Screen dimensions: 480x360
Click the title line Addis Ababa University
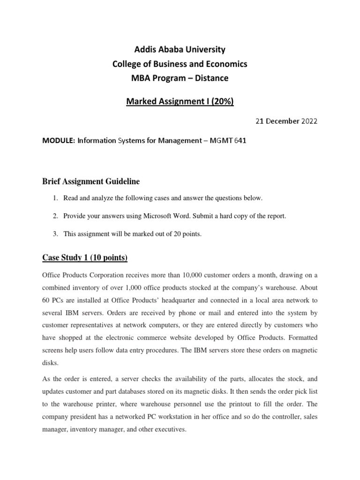coord(180,49)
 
